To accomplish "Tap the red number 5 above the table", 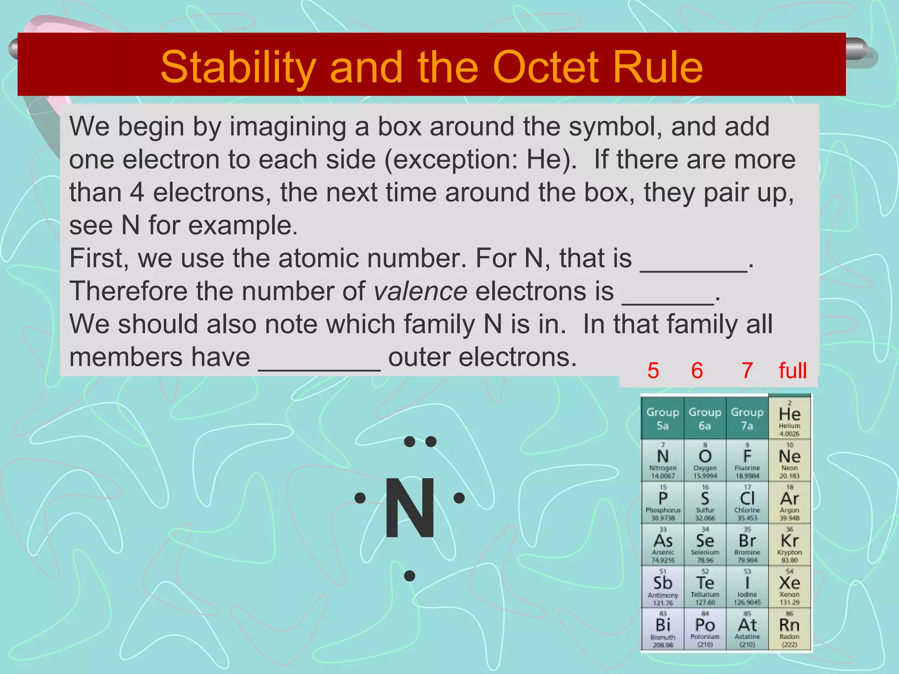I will tap(653, 370).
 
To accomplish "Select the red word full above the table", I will tap(792, 370).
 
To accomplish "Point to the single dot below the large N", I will tap(410, 576).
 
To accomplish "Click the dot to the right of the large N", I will tap(459, 498).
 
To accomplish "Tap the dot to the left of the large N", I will tap(360, 498).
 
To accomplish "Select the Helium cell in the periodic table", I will tap(789, 417).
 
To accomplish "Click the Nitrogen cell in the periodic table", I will tap(663, 460).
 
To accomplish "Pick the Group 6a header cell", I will tap(705, 418).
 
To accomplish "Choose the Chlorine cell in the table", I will tap(747, 502).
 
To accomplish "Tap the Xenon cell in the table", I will tap(789, 586).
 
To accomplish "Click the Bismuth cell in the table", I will tap(663, 628).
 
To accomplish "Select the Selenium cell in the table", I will tap(705, 544).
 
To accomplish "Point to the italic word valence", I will tap(420, 291).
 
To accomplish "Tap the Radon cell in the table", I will tap(789, 628).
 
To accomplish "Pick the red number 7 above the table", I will tap(747, 370).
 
